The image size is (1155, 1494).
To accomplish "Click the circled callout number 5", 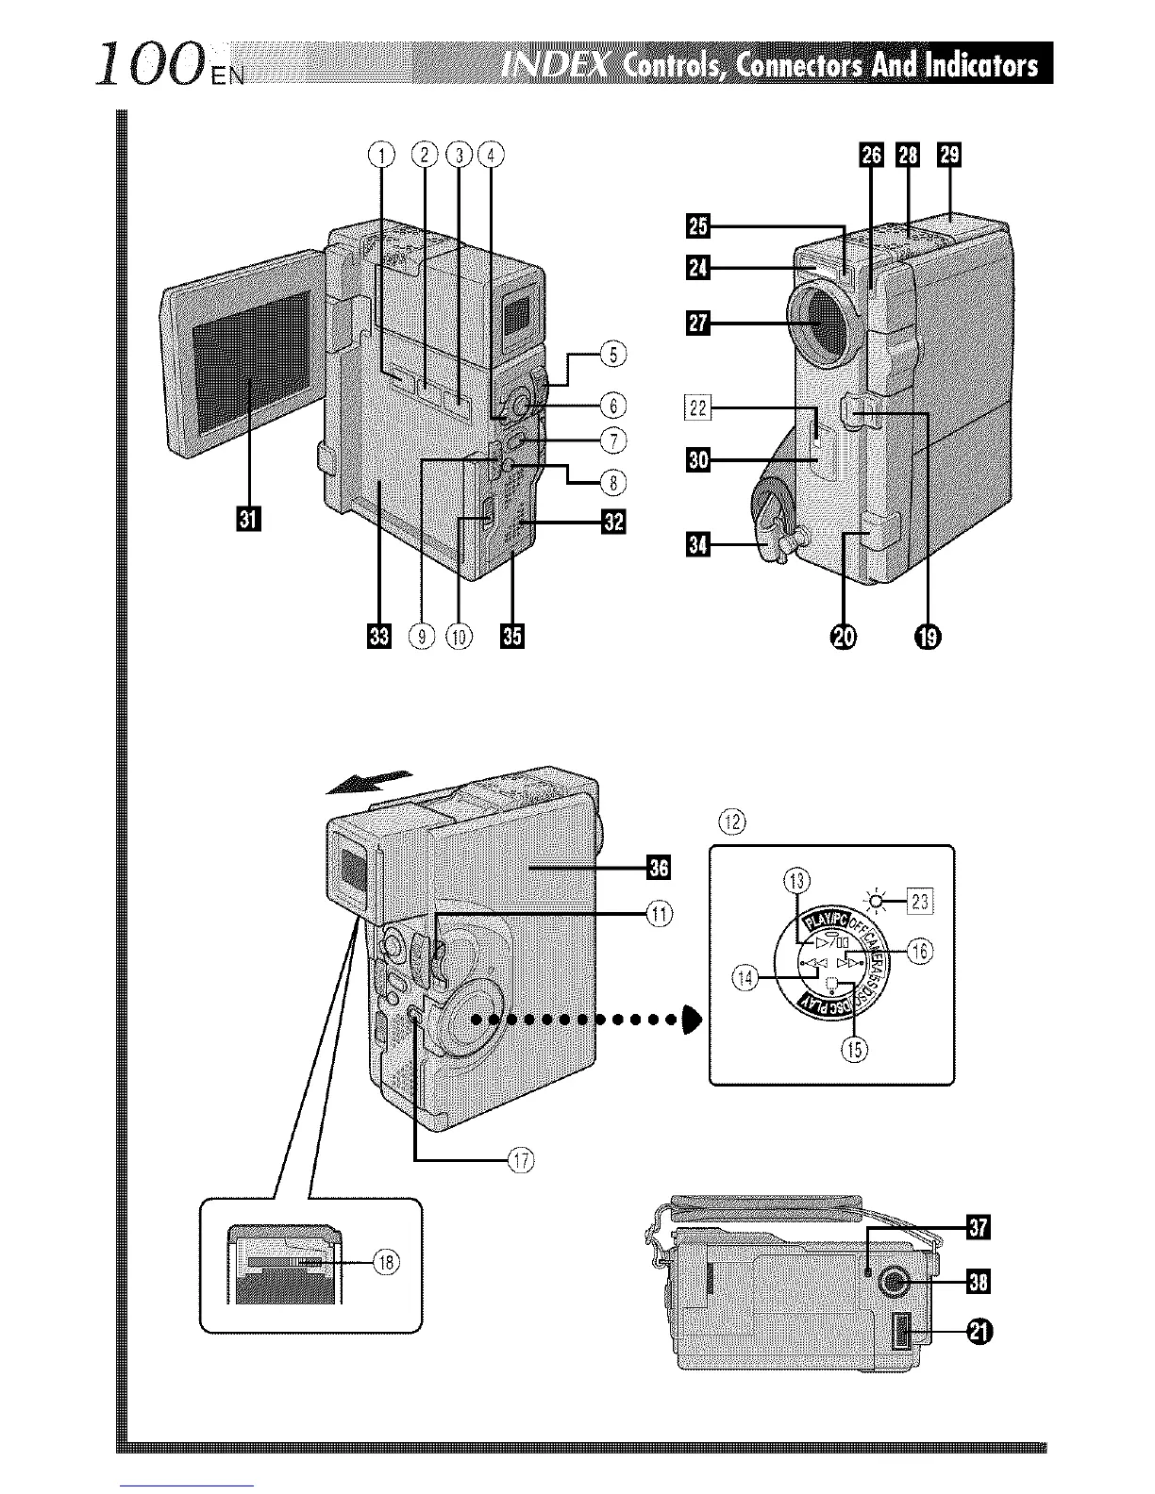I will pyautogui.click(x=613, y=356).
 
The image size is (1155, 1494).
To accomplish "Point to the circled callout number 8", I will pyautogui.click(x=613, y=483).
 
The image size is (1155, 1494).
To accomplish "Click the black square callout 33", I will pyautogui.click(x=379, y=638).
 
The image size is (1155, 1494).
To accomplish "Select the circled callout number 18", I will pyautogui.click(x=384, y=1260).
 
